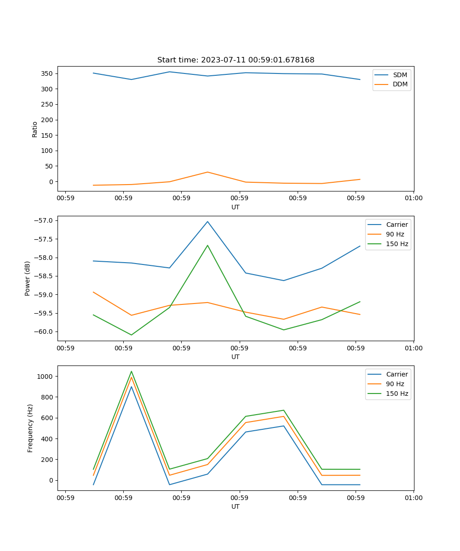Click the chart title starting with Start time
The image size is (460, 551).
[236, 60]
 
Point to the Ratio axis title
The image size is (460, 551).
[35, 129]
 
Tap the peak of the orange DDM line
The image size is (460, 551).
[207, 172]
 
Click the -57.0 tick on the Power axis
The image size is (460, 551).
[45, 220]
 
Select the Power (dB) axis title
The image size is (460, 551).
[28, 278]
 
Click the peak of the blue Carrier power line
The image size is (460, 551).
[207, 221]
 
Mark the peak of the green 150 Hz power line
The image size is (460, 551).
[207, 245]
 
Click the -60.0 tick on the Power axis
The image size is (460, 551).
[45, 332]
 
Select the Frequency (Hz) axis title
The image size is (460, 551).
[30, 428]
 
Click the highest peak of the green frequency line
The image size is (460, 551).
[132, 371]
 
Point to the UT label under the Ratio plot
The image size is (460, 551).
[236, 207]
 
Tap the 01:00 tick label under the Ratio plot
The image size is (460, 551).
[414, 199]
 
